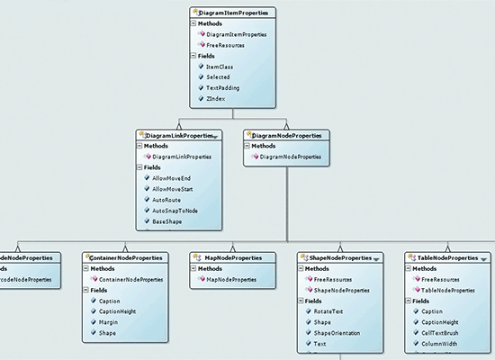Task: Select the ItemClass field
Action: tap(220, 66)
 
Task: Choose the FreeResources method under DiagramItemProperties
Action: tap(227, 43)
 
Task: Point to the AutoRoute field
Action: tap(170, 199)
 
